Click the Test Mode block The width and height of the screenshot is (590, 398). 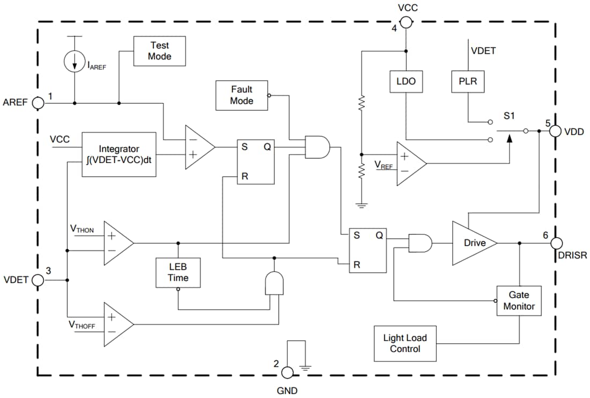pos(159,51)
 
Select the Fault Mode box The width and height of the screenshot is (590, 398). pos(241,95)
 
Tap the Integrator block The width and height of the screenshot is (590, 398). pos(119,154)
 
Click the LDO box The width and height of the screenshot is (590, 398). pos(405,82)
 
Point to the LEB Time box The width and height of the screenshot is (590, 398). pos(178,272)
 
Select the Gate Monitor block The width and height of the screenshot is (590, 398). pos(519,300)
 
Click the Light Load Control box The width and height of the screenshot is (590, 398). pos(405,343)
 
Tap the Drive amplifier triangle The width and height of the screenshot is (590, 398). pos(472,243)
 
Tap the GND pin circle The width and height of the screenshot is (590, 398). pos(287,372)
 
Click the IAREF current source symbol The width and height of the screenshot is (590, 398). pos(73,62)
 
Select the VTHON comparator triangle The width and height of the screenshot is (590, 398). pos(117,242)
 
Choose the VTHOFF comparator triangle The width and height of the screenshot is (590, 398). pos(117,324)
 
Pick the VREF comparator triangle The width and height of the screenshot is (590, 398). pos(410,164)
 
